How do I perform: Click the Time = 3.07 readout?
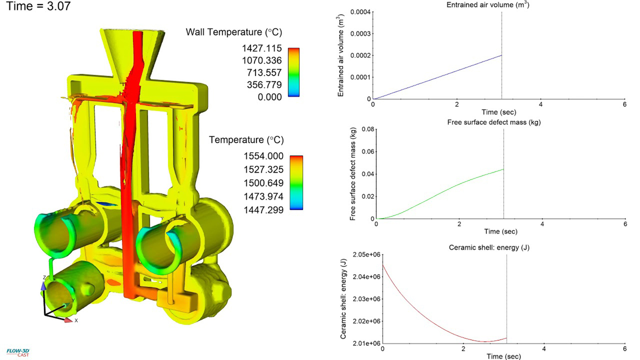click(36, 8)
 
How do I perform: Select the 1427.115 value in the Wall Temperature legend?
click(262, 48)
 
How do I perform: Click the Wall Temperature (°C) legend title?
click(234, 32)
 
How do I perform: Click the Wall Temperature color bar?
click(293, 72)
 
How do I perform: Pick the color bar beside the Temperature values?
click(296, 182)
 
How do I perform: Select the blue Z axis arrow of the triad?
click(44, 284)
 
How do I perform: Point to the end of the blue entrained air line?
click(501, 55)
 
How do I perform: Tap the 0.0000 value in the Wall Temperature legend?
click(270, 97)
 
